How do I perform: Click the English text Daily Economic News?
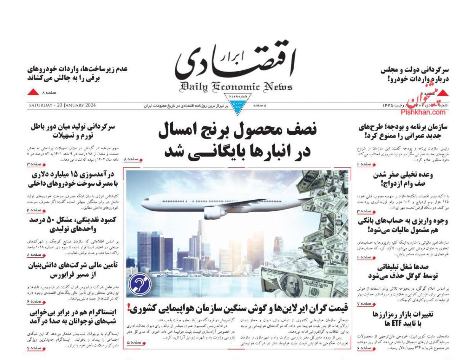[236, 87]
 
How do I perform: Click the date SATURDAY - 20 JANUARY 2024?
[62, 105]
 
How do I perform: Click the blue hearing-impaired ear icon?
[140, 284]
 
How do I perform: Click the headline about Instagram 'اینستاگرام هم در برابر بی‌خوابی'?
[73, 312]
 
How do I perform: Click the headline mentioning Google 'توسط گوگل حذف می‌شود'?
[403, 276]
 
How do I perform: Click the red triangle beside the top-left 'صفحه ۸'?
[34, 92]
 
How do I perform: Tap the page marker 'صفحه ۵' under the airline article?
[133, 343]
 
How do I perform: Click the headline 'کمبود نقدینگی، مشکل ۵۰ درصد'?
[73, 220]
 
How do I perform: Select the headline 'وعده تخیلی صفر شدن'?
[403, 175]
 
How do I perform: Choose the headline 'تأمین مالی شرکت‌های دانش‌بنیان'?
[73, 265]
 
